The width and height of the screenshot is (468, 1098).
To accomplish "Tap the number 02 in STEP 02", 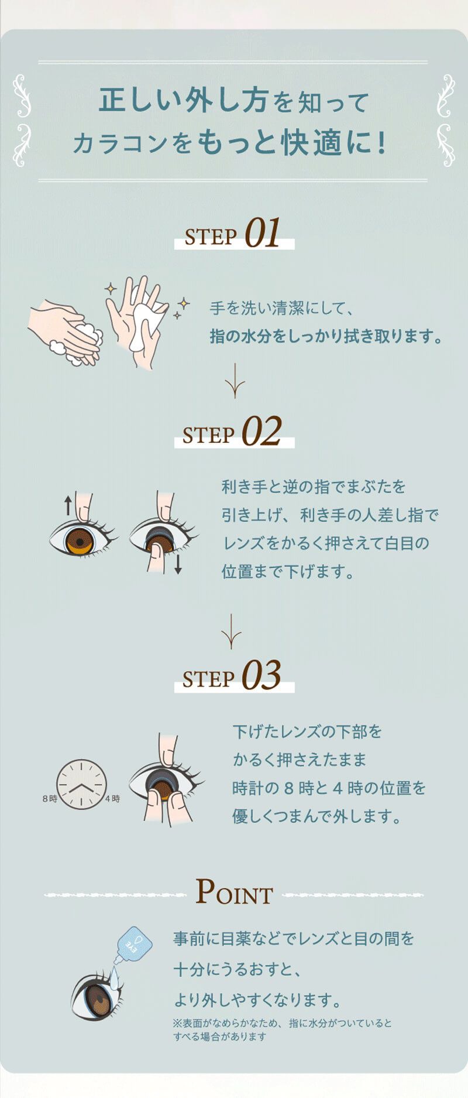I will (261, 432).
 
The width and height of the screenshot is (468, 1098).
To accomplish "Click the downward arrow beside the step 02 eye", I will (178, 563).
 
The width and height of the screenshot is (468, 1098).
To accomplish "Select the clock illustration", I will (82, 784).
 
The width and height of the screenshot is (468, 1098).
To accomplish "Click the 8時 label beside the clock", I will (50, 799).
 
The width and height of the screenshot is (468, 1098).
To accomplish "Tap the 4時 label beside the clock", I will (112, 799).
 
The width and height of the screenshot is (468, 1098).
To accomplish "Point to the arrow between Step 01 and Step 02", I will (234, 381).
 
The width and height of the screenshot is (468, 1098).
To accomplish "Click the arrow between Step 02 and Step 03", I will (232, 631).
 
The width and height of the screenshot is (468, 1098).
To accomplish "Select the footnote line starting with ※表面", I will (282, 1023).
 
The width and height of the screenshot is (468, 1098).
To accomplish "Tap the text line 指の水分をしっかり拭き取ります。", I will (325, 337).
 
